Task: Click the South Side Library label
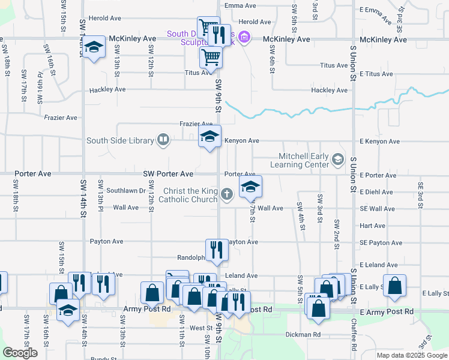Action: click(120, 141)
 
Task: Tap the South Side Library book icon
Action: click(163, 140)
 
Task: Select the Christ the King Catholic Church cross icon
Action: click(226, 193)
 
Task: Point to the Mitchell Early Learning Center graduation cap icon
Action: click(338, 159)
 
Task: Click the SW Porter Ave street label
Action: click(168, 174)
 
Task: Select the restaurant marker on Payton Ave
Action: click(216, 250)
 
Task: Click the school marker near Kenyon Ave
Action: click(209, 137)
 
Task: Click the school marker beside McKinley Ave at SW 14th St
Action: click(94, 47)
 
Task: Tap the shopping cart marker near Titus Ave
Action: click(211, 58)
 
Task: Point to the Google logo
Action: click(20, 353)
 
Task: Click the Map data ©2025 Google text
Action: click(412, 355)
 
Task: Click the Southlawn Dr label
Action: click(122, 191)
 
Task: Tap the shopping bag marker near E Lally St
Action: click(395, 286)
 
